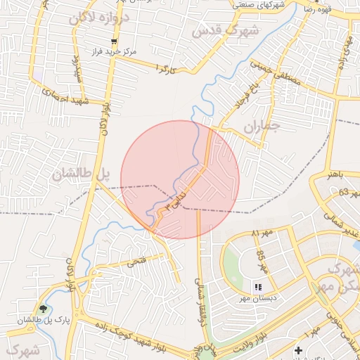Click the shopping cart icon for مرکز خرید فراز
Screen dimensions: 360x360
click(x=113, y=42)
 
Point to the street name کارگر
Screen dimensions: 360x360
click(x=165, y=69)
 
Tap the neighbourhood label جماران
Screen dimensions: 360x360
click(x=262, y=127)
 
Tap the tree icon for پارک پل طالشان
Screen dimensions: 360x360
click(x=44, y=309)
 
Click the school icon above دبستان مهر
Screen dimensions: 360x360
click(x=257, y=288)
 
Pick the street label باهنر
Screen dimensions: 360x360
click(x=330, y=173)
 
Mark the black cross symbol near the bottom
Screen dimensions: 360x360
click(x=298, y=349)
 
